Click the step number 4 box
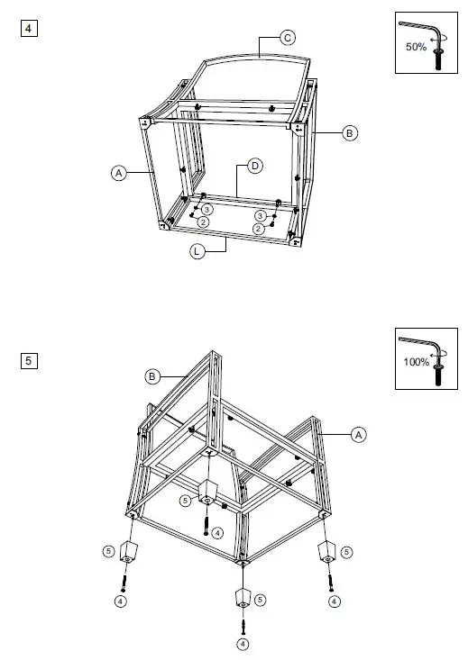point(29,28)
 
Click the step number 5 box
point(29,361)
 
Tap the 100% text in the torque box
point(417,363)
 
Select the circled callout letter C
point(287,37)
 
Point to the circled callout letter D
point(255,167)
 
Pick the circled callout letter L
point(197,252)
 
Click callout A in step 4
point(118,173)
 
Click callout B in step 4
point(350,132)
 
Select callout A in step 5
point(358,435)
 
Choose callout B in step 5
point(152,375)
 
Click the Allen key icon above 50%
point(421,28)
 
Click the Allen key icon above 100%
point(419,343)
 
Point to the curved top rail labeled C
point(257,60)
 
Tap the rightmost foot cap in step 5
point(326,550)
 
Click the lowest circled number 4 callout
point(242,644)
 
